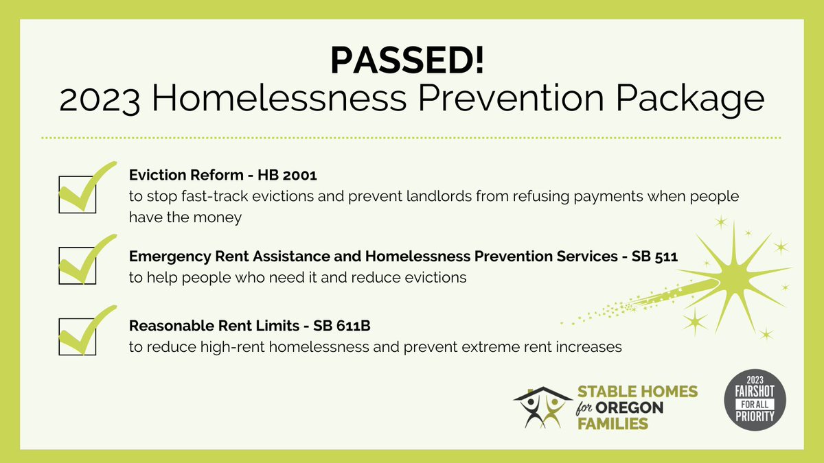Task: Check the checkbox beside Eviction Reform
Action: click(x=77, y=194)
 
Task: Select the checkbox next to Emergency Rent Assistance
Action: click(x=77, y=265)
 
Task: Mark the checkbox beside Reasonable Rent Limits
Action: click(x=77, y=336)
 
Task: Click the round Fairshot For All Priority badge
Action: click(x=755, y=403)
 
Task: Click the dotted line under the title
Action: click(x=411, y=138)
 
